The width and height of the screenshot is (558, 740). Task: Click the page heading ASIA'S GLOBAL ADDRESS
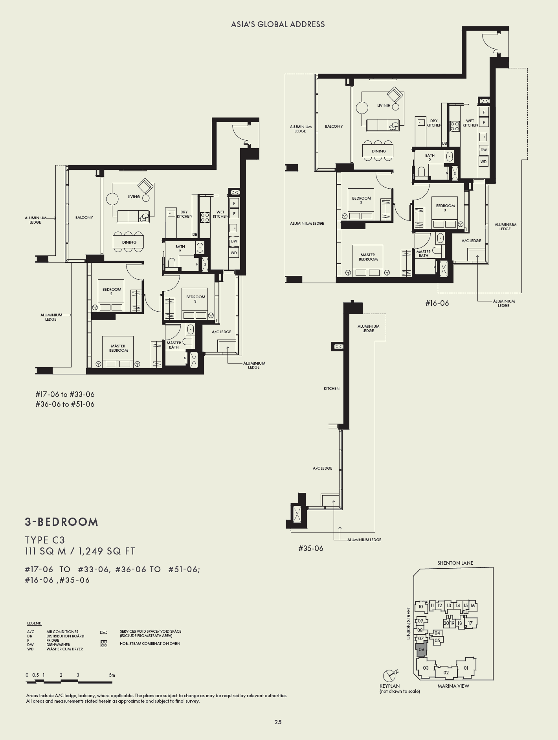point(278,24)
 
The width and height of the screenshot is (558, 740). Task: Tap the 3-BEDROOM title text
point(62,522)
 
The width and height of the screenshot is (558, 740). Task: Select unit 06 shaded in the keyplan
point(421,650)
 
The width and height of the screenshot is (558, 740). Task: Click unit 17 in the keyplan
point(470,623)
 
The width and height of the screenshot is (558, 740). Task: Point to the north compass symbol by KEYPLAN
point(389,675)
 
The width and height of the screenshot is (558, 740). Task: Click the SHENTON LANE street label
point(455,563)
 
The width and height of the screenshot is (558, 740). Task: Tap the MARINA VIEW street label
point(453,686)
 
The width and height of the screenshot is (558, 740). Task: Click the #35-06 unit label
point(310,548)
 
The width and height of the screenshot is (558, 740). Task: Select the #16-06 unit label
point(437,303)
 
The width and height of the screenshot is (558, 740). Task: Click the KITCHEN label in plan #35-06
point(331,388)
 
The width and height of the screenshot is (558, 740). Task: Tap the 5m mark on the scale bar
point(112,675)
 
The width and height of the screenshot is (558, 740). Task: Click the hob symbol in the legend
point(104,644)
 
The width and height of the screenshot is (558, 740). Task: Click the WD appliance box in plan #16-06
point(483,162)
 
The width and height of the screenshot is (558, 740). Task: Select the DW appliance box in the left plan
point(234,241)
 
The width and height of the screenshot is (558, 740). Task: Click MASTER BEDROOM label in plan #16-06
point(368,257)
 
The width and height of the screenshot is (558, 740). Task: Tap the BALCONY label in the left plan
point(84,217)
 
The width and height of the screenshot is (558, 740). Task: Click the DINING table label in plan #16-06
point(379,151)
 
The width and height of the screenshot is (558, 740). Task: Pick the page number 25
point(278,722)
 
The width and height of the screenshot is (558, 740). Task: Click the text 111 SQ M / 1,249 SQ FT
point(80,551)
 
